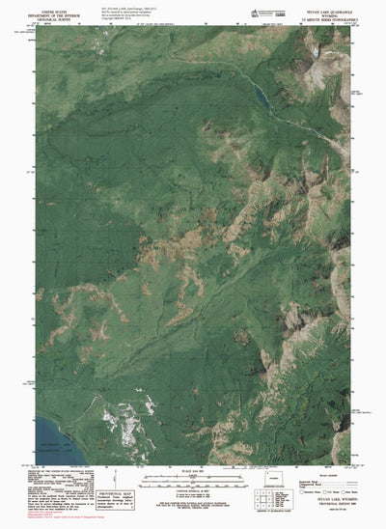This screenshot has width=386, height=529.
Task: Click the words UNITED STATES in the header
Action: [x=53, y=9]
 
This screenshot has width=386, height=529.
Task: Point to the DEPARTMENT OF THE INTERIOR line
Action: [x=53, y=14]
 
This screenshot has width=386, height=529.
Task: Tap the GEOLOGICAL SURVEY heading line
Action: [x=53, y=18]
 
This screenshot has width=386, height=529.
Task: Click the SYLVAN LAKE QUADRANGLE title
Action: [x=326, y=10]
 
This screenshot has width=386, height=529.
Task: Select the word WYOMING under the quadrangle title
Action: [x=326, y=14]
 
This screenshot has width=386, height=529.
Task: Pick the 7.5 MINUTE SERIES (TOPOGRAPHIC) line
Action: [x=326, y=19]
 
